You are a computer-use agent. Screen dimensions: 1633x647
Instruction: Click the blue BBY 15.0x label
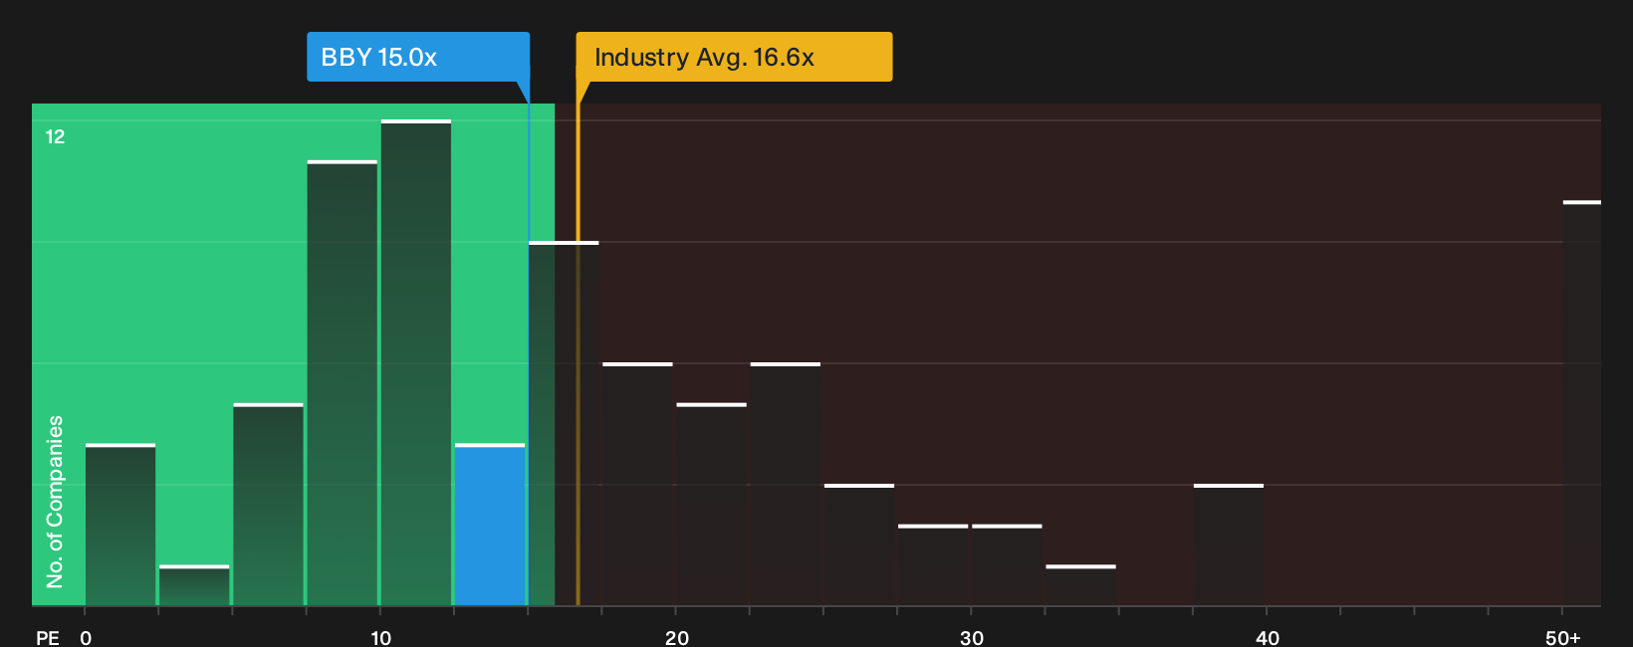418,57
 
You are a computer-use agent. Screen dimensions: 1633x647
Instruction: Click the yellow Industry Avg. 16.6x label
734,57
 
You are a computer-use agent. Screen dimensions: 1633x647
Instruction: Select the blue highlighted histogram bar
490,525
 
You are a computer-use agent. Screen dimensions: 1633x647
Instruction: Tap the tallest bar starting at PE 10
416,363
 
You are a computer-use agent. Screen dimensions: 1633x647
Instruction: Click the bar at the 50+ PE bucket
1582,403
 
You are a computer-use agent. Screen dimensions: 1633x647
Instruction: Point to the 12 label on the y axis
55,136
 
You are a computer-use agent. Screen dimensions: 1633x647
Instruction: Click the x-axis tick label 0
86,638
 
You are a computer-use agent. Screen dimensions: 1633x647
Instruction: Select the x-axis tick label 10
380,638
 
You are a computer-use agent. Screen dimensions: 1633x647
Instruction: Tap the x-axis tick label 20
676,638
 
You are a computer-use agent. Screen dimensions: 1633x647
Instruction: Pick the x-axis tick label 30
972,638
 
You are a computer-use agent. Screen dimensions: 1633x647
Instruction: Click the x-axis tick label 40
1268,638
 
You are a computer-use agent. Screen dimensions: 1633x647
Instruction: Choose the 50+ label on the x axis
1562,638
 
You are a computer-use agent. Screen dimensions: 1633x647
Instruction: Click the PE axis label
48,638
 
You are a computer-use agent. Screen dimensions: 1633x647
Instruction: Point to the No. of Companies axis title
55,502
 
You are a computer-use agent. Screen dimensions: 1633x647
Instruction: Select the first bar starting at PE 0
120,525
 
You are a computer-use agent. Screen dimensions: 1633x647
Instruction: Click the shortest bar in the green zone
194,585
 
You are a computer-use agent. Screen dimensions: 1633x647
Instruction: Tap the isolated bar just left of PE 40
1229,545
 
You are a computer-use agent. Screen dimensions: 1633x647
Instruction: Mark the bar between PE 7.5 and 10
342,383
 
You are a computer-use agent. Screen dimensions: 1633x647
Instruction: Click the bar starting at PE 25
859,545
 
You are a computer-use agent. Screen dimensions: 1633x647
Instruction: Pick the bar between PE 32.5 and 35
1081,585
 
